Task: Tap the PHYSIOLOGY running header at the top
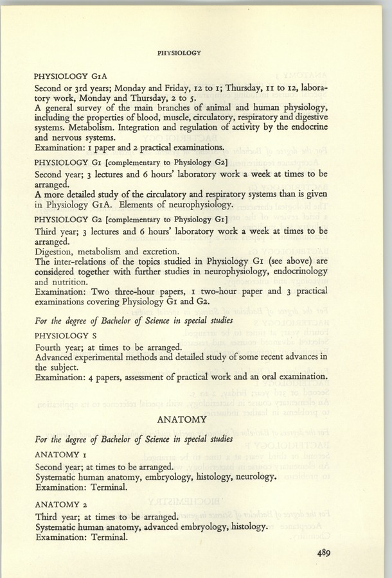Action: click(180, 53)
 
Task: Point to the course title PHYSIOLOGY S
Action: click(66, 336)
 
